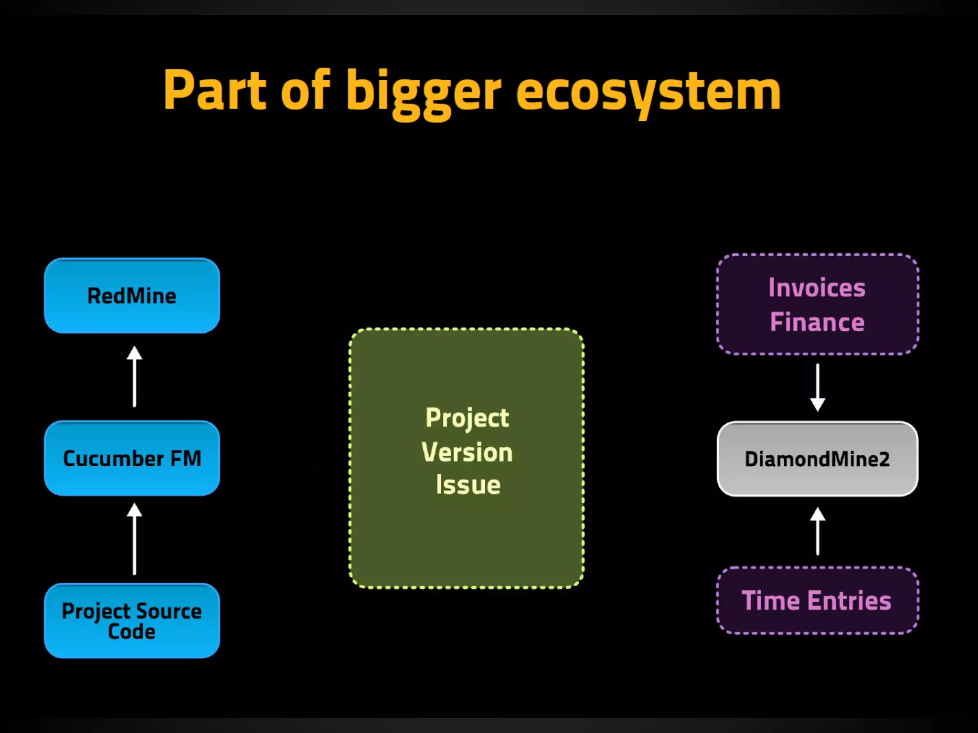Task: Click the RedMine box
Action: [x=132, y=296]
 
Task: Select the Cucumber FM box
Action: [x=132, y=458]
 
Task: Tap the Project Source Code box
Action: [x=132, y=620]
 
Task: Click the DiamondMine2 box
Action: [x=817, y=459]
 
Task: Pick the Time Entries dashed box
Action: [x=817, y=600]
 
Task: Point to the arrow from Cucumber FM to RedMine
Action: [x=134, y=377]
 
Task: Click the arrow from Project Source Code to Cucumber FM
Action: [x=134, y=539]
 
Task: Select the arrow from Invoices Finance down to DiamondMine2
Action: [x=818, y=387]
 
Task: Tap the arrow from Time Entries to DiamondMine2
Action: [x=818, y=531]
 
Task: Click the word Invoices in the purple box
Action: [x=817, y=288]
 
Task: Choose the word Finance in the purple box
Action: [x=817, y=322]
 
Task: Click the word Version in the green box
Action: [x=467, y=452]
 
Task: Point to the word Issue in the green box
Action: [x=468, y=485]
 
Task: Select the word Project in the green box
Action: [x=467, y=419]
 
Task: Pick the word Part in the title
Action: [x=214, y=90]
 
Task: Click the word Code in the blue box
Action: [x=132, y=632]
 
